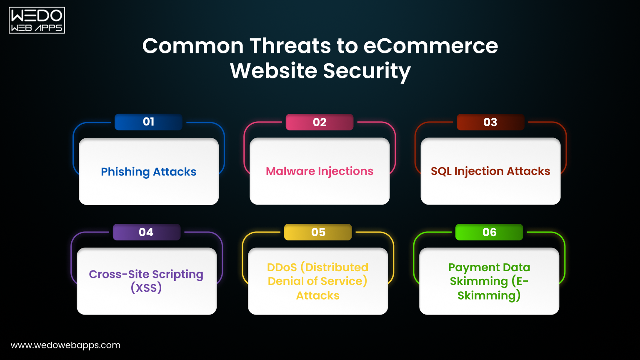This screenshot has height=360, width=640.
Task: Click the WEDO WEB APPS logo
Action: (37, 20)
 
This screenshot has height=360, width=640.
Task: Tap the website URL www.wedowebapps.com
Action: (65, 345)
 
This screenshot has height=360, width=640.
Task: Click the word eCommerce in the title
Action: (430, 46)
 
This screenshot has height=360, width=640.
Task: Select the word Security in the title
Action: (367, 71)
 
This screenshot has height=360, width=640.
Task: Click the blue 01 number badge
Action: (148, 122)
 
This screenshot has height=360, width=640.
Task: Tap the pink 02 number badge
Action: (320, 122)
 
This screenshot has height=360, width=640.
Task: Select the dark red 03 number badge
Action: (490, 122)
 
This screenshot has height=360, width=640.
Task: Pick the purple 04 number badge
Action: (146, 232)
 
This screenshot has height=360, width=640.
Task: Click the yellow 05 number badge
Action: (318, 232)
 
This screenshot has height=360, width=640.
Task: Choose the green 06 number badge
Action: (489, 232)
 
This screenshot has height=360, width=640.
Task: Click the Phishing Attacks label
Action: (148, 172)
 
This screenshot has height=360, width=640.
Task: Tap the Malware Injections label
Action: (320, 171)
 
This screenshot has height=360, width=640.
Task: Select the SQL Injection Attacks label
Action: (490, 171)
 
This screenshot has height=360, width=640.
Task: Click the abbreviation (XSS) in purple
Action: (146, 288)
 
